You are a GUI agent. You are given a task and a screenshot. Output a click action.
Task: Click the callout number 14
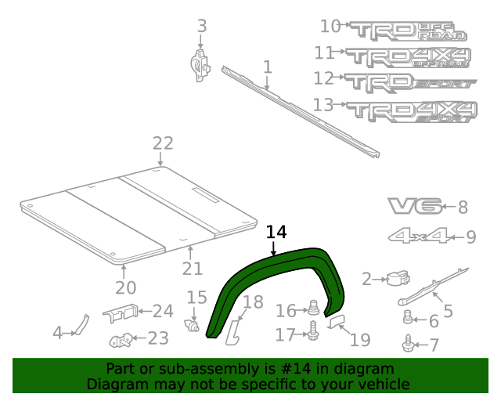[276, 232]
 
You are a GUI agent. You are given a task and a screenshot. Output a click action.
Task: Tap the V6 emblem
[413, 207]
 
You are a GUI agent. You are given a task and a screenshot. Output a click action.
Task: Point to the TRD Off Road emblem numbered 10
[407, 31]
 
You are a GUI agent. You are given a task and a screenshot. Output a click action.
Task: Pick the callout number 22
[162, 143]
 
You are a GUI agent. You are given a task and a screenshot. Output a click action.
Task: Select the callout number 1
[267, 67]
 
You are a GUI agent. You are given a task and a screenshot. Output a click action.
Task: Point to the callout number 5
[448, 311]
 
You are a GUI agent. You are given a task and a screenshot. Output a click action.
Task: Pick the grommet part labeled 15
[192, 323]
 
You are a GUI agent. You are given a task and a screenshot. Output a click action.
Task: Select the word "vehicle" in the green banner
[384, 384]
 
